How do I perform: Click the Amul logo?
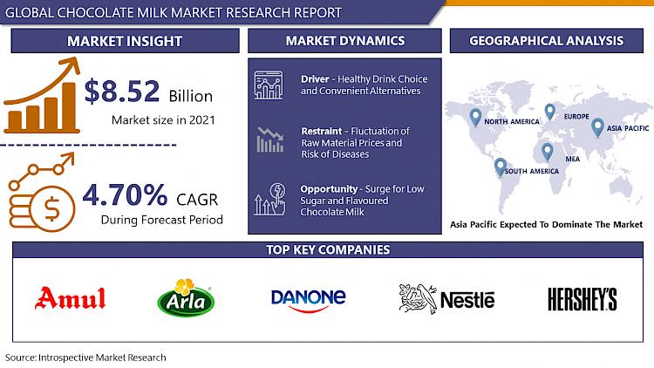tap(70, 298)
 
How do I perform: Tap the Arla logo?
tap(186, 298)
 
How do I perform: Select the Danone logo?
tap(308, 300)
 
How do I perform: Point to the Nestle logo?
tap(446, 299)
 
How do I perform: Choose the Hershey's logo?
tap(582, 299)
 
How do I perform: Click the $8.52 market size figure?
tap(122, 91)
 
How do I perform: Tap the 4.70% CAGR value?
tap(125, 194)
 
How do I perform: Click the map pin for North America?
tap(475, 118)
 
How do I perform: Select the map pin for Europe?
tap(550, 112)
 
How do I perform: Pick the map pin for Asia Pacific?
tap(597, 127)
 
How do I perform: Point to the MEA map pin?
tap(548, 152)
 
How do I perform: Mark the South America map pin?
tap(501, 167)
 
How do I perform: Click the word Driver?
tap(315, 78)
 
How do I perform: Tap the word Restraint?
tap(322, 131)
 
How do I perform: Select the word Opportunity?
tap(329, 189)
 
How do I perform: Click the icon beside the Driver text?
tap(269, 85)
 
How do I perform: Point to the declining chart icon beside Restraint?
tap(270, 140)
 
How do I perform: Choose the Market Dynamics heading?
tap(345, 40)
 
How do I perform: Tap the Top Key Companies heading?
tap(328, 249)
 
